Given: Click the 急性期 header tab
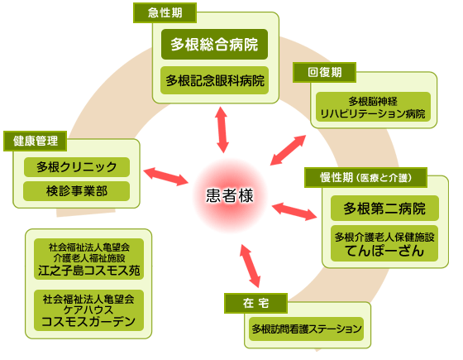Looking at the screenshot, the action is [x=165, y=12].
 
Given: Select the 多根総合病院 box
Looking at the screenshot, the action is [x=214, y=45].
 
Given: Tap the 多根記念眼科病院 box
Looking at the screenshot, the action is [x=214, y=80].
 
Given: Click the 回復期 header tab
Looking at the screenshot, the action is [x=324, y=73].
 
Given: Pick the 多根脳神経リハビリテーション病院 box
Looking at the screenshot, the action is [x=373, y=107].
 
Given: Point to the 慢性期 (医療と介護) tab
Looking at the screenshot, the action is [x=365, y=178].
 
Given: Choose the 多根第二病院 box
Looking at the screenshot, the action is [x=384, y=209].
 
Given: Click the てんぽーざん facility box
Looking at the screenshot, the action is [x=384, y=243].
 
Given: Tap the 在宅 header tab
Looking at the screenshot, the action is [x=255, y=303].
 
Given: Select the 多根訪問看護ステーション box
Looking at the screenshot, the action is [x=307, y=329].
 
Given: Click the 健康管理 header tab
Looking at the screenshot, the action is [x=35, y=141].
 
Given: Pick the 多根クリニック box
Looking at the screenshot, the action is [x=76, y=167].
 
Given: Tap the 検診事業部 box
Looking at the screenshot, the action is [x=76, y=191].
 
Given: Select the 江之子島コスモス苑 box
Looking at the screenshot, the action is [x=89, y=259].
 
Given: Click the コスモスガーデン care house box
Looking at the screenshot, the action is [x=89, y=310].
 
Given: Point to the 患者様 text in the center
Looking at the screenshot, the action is [x=230, y=195].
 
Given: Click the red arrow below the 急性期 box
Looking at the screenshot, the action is [x=222, y=130].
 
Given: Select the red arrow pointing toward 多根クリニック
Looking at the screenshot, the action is [x=165, y=177].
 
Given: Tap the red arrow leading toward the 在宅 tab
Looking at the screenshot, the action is [x=250, y=266].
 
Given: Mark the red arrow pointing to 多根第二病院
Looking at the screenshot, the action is [x=294, y=211].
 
